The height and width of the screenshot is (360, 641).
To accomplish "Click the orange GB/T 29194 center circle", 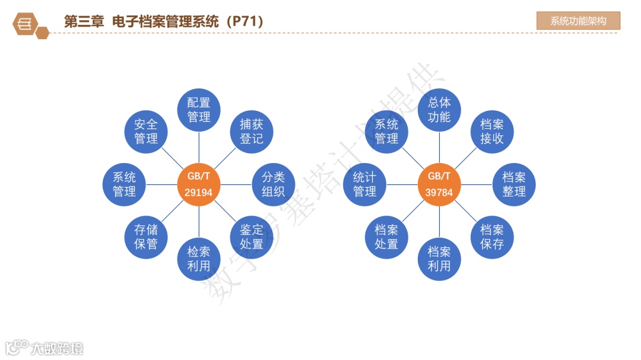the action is click(x=199, y=184).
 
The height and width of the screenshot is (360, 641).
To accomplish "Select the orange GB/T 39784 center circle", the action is click(x=439, y=184).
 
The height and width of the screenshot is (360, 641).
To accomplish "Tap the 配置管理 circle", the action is click(x=199, y=110).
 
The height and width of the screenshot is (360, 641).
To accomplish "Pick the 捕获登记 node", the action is click(x=252, y=132).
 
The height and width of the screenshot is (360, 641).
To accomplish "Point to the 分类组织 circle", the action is click(x=274, y=184).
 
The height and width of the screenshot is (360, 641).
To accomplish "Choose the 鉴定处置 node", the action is click(x=252, y=237).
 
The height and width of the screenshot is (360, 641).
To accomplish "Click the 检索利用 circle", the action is click(x=199, y=259).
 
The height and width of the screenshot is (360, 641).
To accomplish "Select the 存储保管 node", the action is click(x=146, y=237).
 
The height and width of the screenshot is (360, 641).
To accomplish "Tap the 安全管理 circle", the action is click(x=146, y=132).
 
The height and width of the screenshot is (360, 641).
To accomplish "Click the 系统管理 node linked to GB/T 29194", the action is click(x=125, y=184).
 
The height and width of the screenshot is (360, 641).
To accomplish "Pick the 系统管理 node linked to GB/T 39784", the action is click(x=386, y=132).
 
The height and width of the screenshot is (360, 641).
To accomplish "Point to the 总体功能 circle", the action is click(x=439, y=110).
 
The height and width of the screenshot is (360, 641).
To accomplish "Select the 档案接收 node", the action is click(x=492, y=132).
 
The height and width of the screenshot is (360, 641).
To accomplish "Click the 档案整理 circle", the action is click(x=514, y=184).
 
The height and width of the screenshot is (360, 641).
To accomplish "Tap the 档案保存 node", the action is click(x=492, y=237).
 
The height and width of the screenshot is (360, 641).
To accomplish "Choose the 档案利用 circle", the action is click(x=439, y=259).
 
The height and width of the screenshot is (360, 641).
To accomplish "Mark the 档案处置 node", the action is click(x=386, y=237).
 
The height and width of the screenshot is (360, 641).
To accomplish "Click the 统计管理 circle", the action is click(x=364, y=184).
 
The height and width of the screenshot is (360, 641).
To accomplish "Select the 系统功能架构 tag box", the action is click(x=578, y=21).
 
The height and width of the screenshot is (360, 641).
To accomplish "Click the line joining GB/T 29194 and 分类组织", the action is click(x=236, y=184).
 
